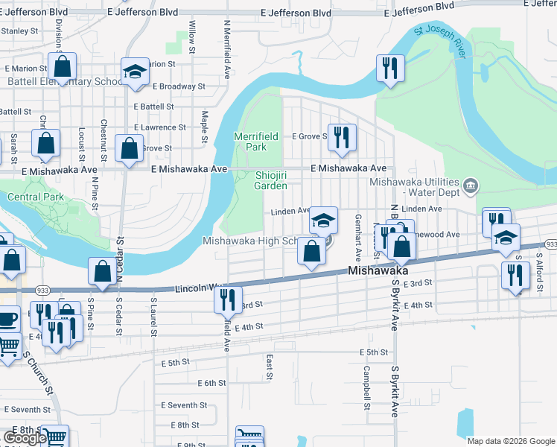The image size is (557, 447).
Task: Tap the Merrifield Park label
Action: pos(250,142)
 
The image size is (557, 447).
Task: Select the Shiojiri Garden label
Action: pos(270,180)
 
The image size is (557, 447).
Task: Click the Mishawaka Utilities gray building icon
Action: pos(470,185)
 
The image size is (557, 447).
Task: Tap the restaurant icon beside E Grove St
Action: pos(342,138)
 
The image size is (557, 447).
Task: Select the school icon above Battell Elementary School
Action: pos(135,72)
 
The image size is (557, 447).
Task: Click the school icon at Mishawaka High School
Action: pos(324,221)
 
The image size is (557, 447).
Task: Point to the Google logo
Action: pos(25,437)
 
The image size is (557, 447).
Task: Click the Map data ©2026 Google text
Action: pos(510,441)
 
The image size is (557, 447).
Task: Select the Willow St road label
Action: pos(192,37)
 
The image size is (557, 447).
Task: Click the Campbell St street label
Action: pos(366,387)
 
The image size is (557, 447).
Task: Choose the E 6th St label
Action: pos(211,383)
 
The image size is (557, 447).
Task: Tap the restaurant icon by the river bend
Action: pos(390,69)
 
